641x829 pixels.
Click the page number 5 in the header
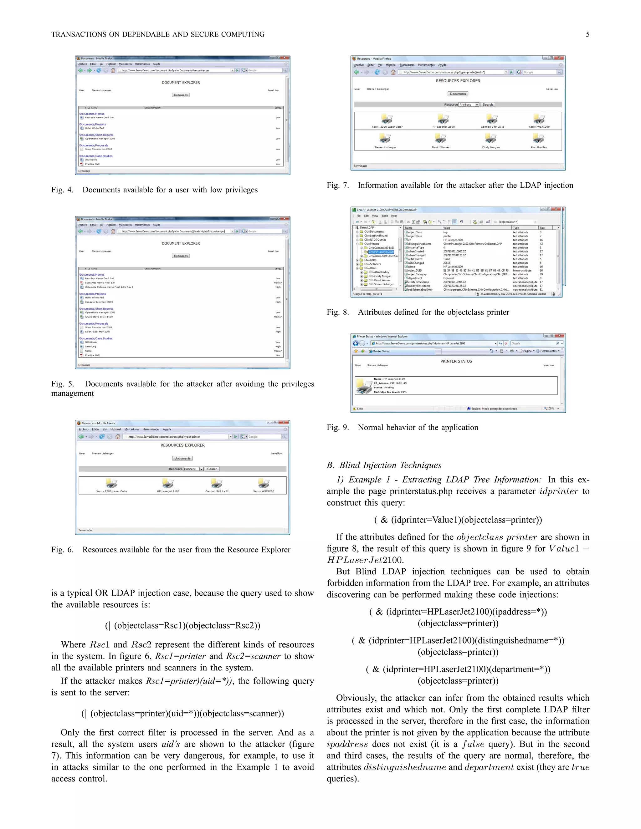[587, 34]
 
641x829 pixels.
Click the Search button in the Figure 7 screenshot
[488, 104]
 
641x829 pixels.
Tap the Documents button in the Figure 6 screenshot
[182, 458]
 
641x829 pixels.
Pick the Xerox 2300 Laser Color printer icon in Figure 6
[111, 483]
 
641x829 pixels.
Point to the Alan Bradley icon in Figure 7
[538, 139]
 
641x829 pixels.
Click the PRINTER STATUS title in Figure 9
[456, 361]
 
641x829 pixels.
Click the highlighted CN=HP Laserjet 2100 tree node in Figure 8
[381, 252]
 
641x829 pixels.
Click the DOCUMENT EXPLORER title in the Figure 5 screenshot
[181, 243]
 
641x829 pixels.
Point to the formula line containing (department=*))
[458, 669]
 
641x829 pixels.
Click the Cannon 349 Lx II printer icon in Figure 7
[492, 119]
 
